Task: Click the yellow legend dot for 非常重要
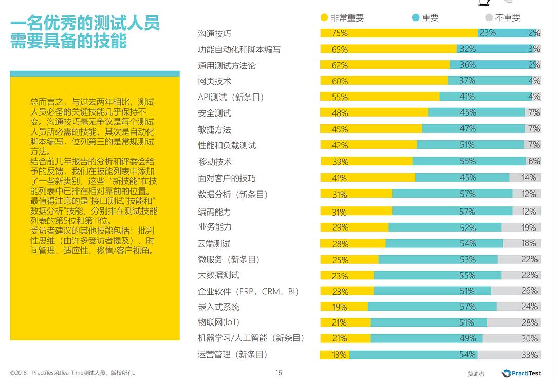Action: pos(324,18)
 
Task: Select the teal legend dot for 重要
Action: pos(416,18)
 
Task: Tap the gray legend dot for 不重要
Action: pos(489,18)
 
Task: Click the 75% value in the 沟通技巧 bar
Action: pos(340,33)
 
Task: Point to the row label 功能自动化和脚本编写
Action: pos(239,50)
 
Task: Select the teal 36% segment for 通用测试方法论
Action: pos(467,65)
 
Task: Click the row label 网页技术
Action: pos(214,81)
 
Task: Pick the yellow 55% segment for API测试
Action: pos(380,97)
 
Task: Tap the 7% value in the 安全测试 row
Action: pos(534,112)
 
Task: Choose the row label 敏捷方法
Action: pos(214,129)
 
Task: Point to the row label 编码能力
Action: pos(214,212)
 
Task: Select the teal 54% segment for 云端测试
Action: pos(444,243)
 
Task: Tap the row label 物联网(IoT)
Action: pos(218,322)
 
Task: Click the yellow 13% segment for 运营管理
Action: pos(334,355)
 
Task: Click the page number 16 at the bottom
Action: pos(279,373)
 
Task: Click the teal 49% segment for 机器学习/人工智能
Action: pos(426,338)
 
